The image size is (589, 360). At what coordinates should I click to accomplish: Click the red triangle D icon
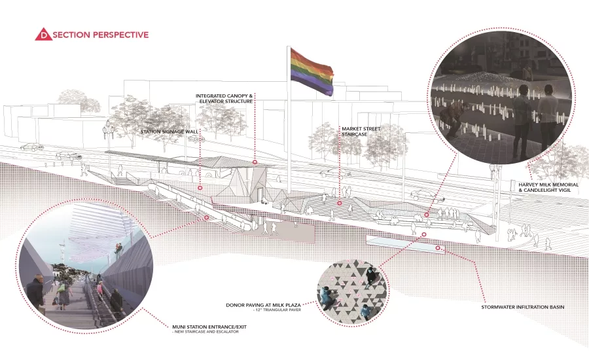coord(44,35)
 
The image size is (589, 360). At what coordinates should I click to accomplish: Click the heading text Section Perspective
coord(101,35)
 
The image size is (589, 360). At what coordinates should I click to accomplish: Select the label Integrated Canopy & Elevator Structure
coord(224,98)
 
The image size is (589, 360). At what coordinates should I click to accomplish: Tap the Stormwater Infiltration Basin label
coord(522,307)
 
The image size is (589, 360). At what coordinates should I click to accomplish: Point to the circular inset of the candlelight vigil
coord(502,98)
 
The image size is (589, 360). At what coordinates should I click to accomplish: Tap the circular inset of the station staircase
coord(86,265)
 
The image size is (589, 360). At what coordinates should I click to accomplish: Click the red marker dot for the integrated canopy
coord(255,162)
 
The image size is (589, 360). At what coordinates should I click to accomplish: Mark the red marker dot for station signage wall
coord(200,187)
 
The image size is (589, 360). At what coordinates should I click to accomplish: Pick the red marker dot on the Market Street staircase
coord(339,204)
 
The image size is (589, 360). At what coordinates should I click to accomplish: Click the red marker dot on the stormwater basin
coord(438,248)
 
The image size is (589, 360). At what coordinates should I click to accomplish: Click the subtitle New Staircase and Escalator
coord(205,332)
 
